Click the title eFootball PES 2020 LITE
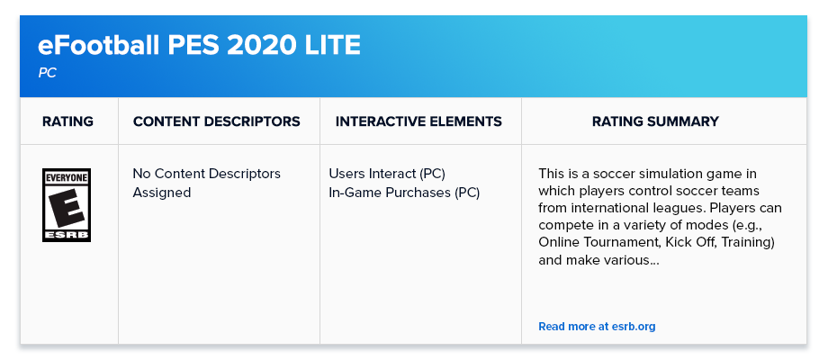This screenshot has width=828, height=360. coord(199,46)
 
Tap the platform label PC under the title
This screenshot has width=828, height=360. coord(47,74)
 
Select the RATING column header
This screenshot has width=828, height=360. coord(68,121)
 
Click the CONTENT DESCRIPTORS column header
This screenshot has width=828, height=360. coord(217,121)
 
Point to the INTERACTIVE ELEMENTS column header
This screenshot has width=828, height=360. coord(418,121)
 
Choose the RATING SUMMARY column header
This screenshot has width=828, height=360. coord(655,121)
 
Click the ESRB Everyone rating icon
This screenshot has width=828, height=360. coord(67,205)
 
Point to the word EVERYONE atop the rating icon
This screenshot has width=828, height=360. coord(67,178)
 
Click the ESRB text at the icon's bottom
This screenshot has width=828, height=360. coord(67,236)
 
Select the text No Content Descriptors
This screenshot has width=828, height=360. coord(206,174)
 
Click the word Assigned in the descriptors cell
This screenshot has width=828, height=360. coord(162,193)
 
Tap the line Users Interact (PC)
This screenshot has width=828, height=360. coord(387,174)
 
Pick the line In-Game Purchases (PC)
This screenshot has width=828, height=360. coord(404,193)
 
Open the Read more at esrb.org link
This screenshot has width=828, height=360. coord(597,326)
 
